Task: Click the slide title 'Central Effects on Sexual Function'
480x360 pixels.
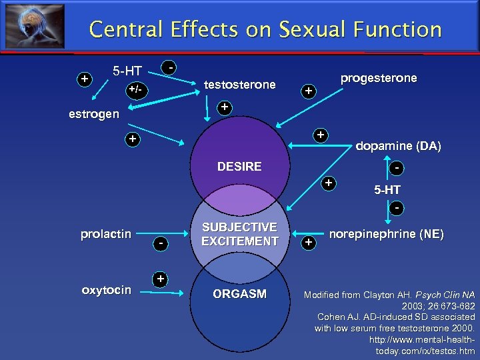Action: point(265,29)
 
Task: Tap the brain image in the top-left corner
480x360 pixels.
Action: point(35,26)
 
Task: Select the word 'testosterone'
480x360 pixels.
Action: point(239,85)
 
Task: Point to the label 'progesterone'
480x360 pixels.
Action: point(379,78)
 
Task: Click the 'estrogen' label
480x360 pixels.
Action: point(94,114)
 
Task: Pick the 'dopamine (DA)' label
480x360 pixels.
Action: point(398,147)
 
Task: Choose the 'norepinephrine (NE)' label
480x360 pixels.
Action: point(387,234)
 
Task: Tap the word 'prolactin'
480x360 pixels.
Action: point(105,234)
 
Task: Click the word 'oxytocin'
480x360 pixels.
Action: point(106,290)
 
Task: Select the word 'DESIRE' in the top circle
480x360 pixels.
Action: point(239,166)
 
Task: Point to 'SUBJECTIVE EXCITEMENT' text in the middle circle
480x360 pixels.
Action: point(239,234)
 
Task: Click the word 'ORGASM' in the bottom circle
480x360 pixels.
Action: point(239,294)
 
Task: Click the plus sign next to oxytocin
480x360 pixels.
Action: point(159,278)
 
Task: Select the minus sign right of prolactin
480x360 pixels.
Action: point(161,245)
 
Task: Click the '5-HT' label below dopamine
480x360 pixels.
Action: point(387,190)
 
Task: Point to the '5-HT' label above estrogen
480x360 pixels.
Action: point(126,70)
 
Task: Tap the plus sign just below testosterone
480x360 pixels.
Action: point(225,107)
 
